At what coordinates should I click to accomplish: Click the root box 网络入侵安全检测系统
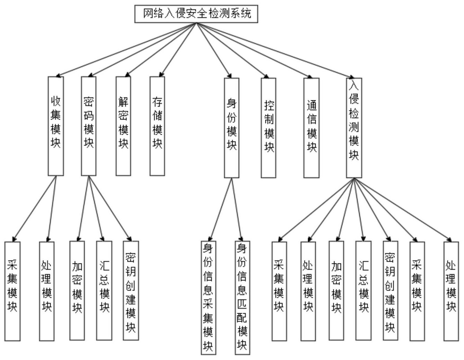(196, 14)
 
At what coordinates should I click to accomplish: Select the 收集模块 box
(56, 126)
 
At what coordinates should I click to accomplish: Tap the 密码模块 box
(89, 126)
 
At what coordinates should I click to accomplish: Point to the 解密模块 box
(123, 126)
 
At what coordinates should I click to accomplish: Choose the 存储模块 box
(157, 126)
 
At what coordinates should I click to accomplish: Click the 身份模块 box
(231, 127)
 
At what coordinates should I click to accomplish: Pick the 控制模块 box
(269, 127)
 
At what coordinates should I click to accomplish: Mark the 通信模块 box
(311, 127)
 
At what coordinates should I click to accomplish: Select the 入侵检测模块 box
(354, 127)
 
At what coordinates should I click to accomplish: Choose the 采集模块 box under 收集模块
(12, 291)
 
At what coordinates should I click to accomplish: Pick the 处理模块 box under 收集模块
(47, 291)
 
